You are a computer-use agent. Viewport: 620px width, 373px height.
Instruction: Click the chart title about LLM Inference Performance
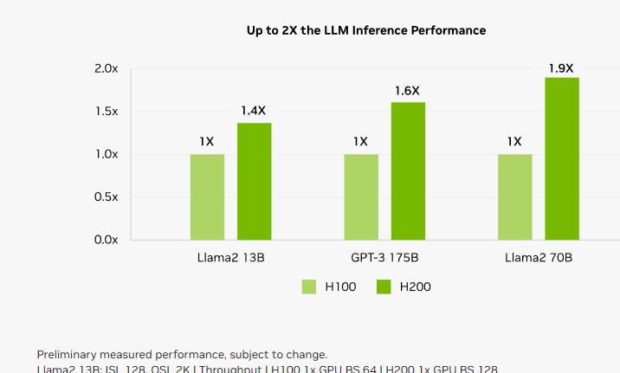[x=365, y=30]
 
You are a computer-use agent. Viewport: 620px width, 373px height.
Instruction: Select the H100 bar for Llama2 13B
[x=207, y=196]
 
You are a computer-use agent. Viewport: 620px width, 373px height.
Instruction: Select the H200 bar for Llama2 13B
[x=254, y=181]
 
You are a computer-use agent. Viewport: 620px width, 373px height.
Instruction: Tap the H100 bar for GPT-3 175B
[x=361, y=196]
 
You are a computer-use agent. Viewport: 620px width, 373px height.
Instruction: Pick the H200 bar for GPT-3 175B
[x=408, y=170]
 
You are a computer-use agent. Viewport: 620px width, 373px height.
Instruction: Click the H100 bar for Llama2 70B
[x=514, y=196]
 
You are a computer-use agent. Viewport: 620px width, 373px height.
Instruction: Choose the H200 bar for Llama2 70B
[x=562, y=158]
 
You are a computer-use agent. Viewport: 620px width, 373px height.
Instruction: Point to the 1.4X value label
[x=254, y=111]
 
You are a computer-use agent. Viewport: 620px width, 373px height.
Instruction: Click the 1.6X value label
[x=407, y=91]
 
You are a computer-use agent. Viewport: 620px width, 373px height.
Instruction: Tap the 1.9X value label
[x=561, y=68]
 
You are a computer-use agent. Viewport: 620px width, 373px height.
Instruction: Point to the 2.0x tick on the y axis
[x=107, y=68]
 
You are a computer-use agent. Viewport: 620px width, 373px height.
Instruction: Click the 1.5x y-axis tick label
[x=107, y=112]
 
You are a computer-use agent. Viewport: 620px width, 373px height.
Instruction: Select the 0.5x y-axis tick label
[x=107, y=197]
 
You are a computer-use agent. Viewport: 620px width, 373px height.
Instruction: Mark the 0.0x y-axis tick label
[x=107, y=240]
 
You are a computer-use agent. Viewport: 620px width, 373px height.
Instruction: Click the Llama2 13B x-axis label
[x=229, y=258]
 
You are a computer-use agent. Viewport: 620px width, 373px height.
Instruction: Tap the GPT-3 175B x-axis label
[x=384, y=258]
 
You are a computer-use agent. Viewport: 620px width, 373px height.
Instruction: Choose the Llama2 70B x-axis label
[x=539, y=258]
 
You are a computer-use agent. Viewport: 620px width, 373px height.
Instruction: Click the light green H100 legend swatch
[x=309, y=287]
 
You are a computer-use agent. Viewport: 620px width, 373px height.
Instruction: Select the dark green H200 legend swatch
[x=384, y=287]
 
